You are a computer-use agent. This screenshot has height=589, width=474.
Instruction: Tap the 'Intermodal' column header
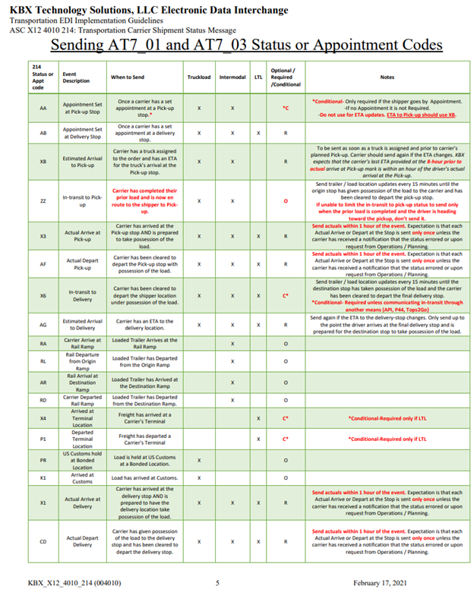coord(232,77)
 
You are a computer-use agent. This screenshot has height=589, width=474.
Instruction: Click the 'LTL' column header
coord(259,77)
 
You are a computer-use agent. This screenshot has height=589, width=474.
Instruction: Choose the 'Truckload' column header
coord(198,77)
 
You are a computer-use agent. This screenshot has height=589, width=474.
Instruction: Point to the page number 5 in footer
coord(217,581)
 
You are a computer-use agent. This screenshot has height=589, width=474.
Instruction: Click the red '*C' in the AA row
coord(285,108)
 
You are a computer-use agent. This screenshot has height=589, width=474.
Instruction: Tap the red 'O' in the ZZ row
coord(285,200)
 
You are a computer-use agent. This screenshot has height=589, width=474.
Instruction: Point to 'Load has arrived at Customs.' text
coord(144,477)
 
